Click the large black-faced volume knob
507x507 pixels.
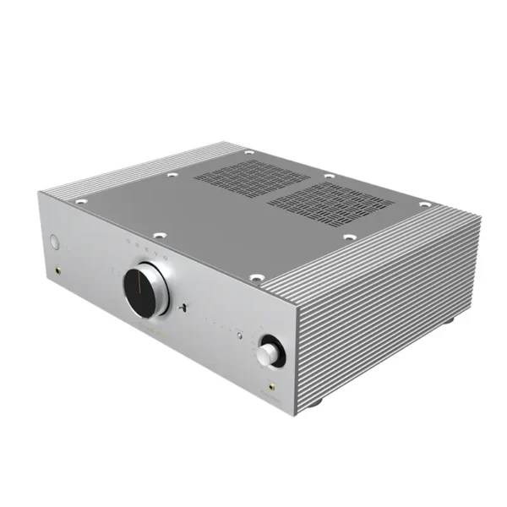[146, 290]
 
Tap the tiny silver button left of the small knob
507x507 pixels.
[240, 337]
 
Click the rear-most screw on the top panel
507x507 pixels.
[248, 153]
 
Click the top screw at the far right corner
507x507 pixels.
[424, 204]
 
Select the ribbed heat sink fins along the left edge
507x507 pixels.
[127, 172]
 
